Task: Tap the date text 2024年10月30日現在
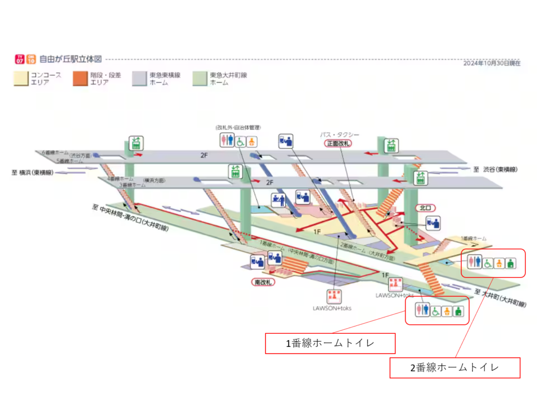tap(492, 63)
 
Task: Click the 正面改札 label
tap(338, 143)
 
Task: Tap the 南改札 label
tap(263, 282)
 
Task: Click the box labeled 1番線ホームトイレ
tap(330, 343)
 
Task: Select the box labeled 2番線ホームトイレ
tap(455, 368)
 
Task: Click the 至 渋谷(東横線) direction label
tap(495, 169)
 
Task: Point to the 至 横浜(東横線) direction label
tap(32, 172)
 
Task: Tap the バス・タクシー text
tap(339, 135)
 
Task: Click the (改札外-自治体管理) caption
tap(238, 128)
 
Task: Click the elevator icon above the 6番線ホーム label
tap(137, 142)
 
